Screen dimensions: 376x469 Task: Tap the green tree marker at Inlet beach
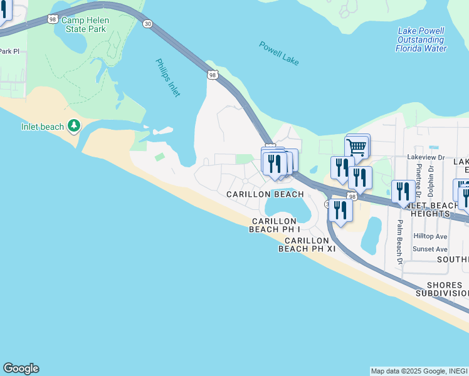coord(74,127)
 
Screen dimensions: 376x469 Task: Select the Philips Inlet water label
coord(168,78)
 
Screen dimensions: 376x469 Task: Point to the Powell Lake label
coord(279,53)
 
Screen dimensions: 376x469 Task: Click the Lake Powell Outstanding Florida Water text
coord(421,39)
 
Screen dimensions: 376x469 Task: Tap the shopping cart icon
coord(356,148)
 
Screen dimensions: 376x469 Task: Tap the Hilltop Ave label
coord(430,236)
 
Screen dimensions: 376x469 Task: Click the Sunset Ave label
coord(430,249)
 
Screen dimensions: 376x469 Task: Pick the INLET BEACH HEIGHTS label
coord(436,209)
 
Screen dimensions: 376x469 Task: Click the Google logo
coord(21,368)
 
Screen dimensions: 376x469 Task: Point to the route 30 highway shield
coord(147,23)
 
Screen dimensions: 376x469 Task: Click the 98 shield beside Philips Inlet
coord(213,75)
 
